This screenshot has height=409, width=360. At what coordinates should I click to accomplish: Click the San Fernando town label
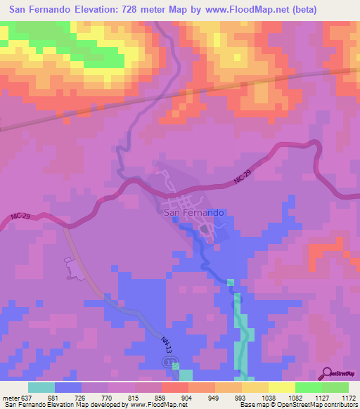point(194,212)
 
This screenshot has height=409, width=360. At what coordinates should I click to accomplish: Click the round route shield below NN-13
point(170,361)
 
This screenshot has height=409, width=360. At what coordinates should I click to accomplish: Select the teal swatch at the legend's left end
point(41,387)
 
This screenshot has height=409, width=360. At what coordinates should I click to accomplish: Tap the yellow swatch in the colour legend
point(281,387)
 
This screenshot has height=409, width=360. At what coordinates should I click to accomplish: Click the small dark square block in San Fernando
point(205,229)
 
